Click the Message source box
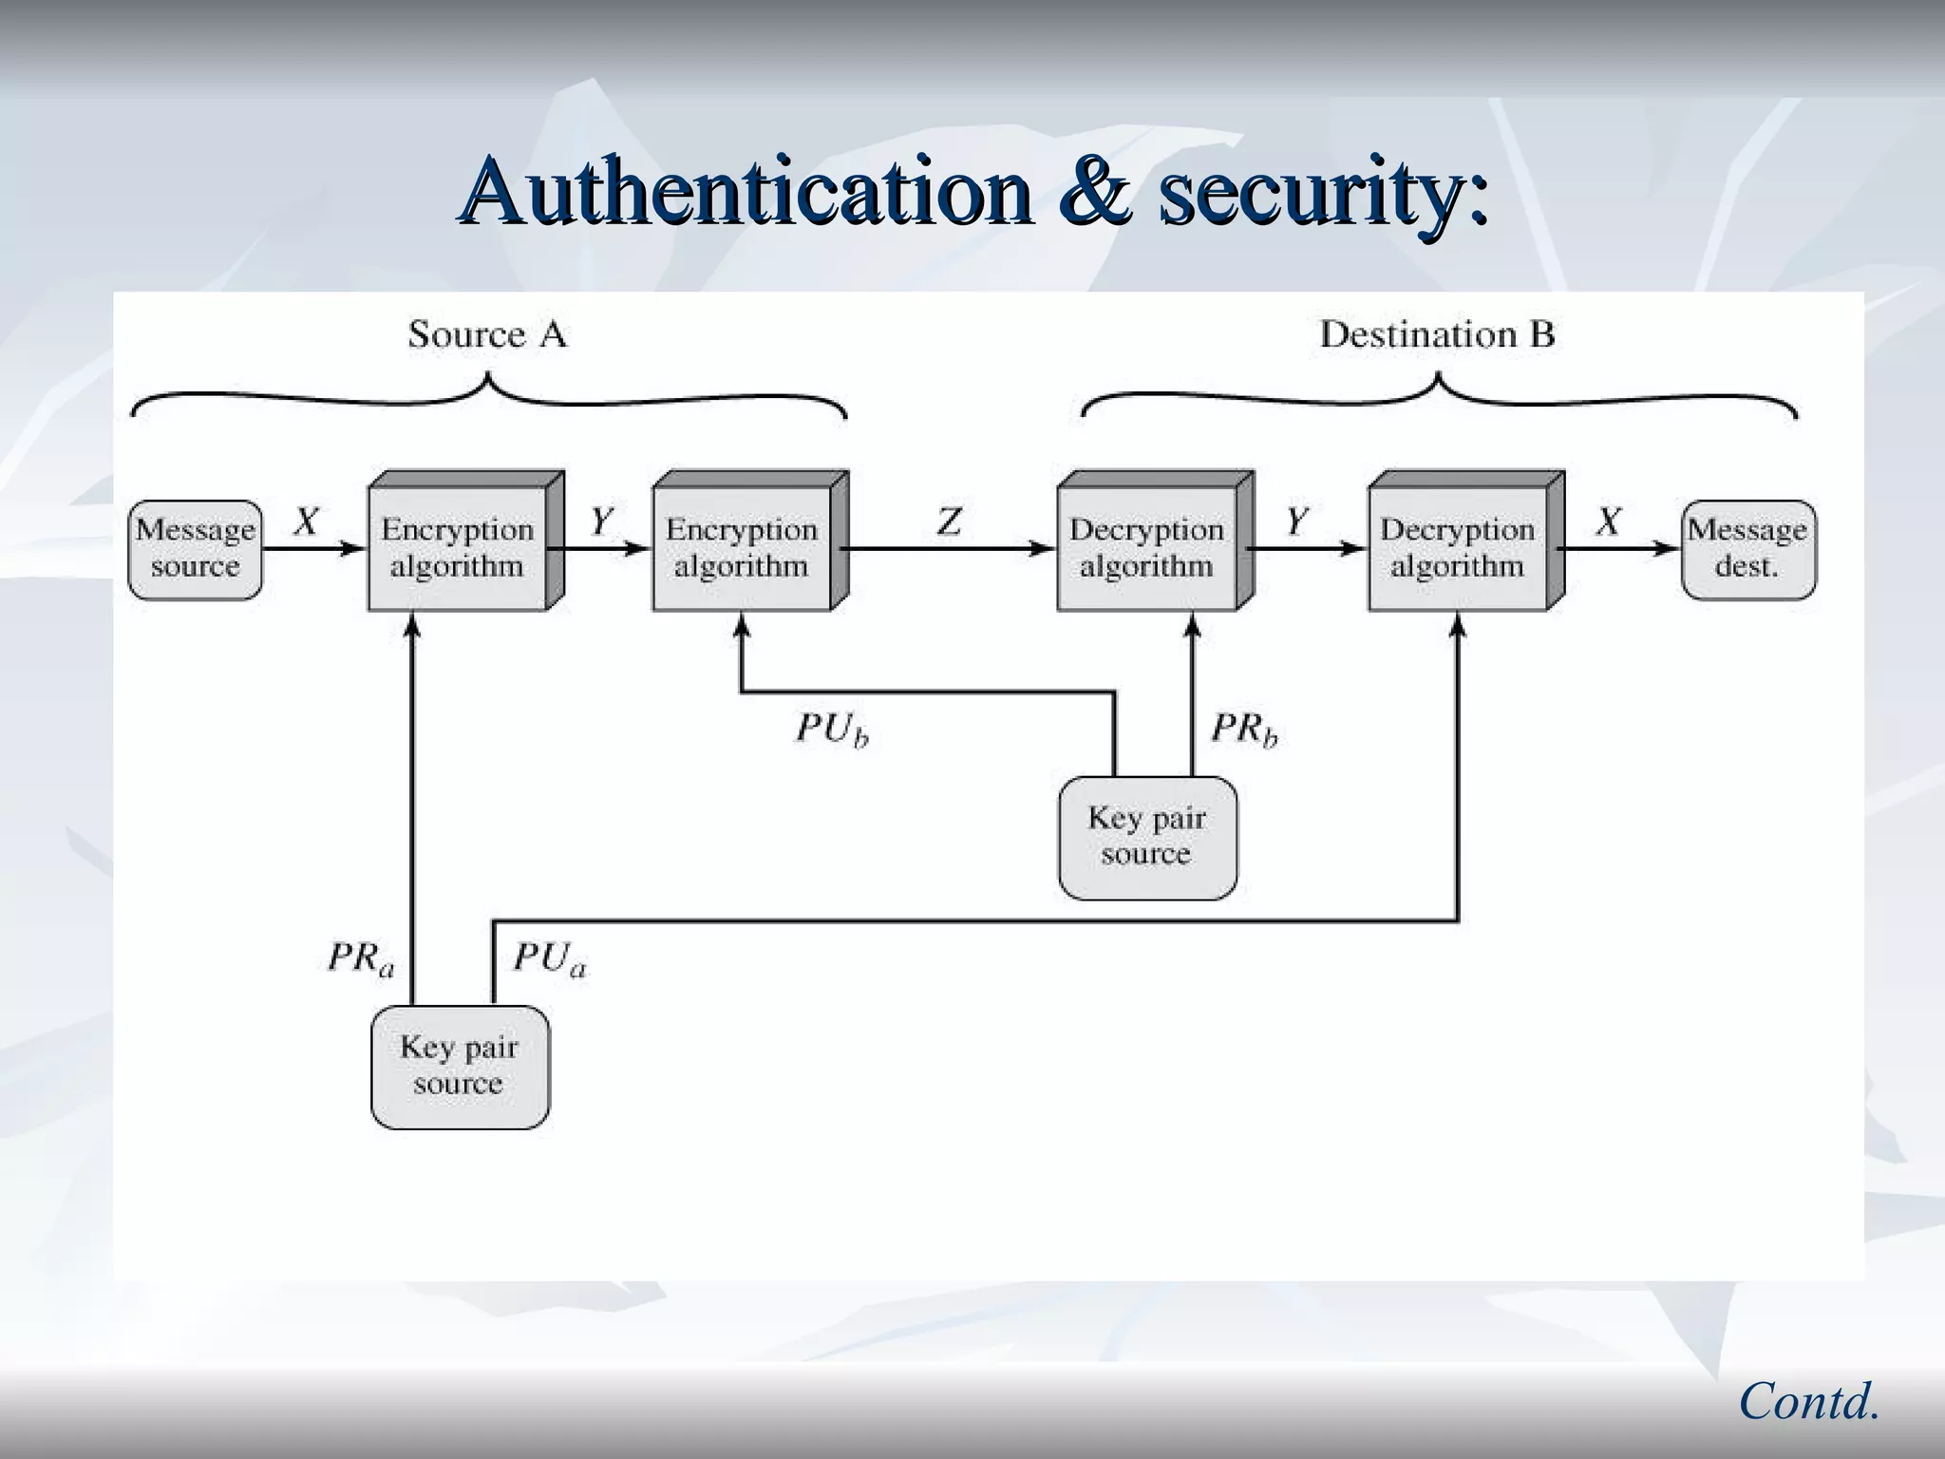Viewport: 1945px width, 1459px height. (x=195, y=549)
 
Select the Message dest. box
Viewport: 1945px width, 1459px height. (x=1747, y=549)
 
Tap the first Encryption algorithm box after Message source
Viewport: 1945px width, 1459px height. (x=458, y=548)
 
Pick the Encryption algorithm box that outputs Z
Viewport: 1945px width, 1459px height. (x=742, y=548)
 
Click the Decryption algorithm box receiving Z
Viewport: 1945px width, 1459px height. (x=1146, y=548)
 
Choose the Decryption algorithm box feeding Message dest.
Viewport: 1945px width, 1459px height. (x=1457, y=548)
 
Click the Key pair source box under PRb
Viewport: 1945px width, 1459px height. (x=1146, y=837)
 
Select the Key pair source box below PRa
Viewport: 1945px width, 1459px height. (x=460, y=1066)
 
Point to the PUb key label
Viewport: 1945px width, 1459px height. (x=832, y=729)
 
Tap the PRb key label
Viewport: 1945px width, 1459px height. (x=1244, y=729)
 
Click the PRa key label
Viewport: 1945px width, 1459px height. (x=361, y=957)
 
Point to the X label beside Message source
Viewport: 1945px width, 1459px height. (x=306, y=521)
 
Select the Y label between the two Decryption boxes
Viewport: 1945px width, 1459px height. (x=1297, y=521)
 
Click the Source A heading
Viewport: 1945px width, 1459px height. (x=487, y=334)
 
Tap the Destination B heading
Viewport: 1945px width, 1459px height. (x=1437, y=334)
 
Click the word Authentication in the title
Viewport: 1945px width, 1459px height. (x=746, y=192)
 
